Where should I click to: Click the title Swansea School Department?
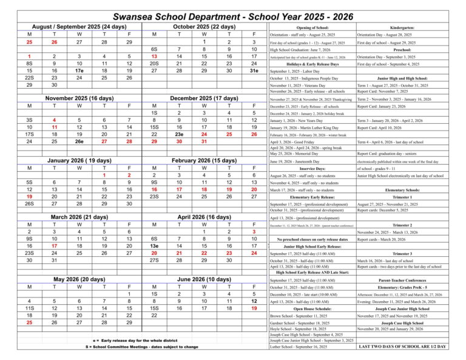(x=233, y=12)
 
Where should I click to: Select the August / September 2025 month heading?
(x=79, y=27)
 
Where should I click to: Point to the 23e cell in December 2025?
(x=179, y=134)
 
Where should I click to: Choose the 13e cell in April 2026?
(x=154, y=246)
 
